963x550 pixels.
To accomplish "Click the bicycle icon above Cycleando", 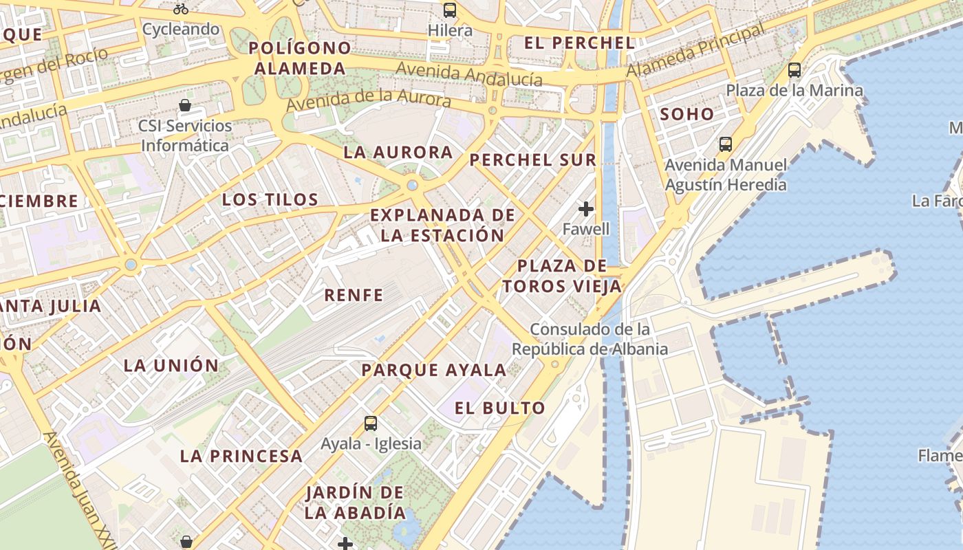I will [x=181, y=9].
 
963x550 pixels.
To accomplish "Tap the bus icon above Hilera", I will [x=450, y=10].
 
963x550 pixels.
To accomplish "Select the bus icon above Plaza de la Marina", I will [x=794, y=69].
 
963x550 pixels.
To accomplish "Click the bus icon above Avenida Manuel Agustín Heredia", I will [x=726, y=144].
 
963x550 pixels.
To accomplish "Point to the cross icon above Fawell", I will [x=586, y=208].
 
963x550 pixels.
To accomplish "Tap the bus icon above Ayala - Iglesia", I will [x=371, y=423].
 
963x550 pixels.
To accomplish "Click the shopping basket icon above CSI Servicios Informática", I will [x=185, y=105].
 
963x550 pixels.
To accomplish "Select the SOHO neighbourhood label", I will [x=687, y=114].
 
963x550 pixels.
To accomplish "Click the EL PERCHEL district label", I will [x=579, y=43].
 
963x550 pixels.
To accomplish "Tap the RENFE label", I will [x=354, y=295].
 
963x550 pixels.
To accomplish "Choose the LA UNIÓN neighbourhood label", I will [x=171, y=365].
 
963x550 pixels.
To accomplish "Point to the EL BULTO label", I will [x=500, y=408].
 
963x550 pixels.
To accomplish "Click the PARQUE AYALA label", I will [x=434, y=370].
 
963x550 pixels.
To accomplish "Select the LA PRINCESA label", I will [x=241, y=456].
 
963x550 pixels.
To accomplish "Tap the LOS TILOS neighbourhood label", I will [x=270, y=200].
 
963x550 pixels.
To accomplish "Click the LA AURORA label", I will [x=398, y=153].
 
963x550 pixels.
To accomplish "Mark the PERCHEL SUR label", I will [x=532, y=160].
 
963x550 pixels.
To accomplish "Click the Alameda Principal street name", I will [x=695, y=51].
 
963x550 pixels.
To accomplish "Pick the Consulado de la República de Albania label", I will [x=589, y=339].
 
